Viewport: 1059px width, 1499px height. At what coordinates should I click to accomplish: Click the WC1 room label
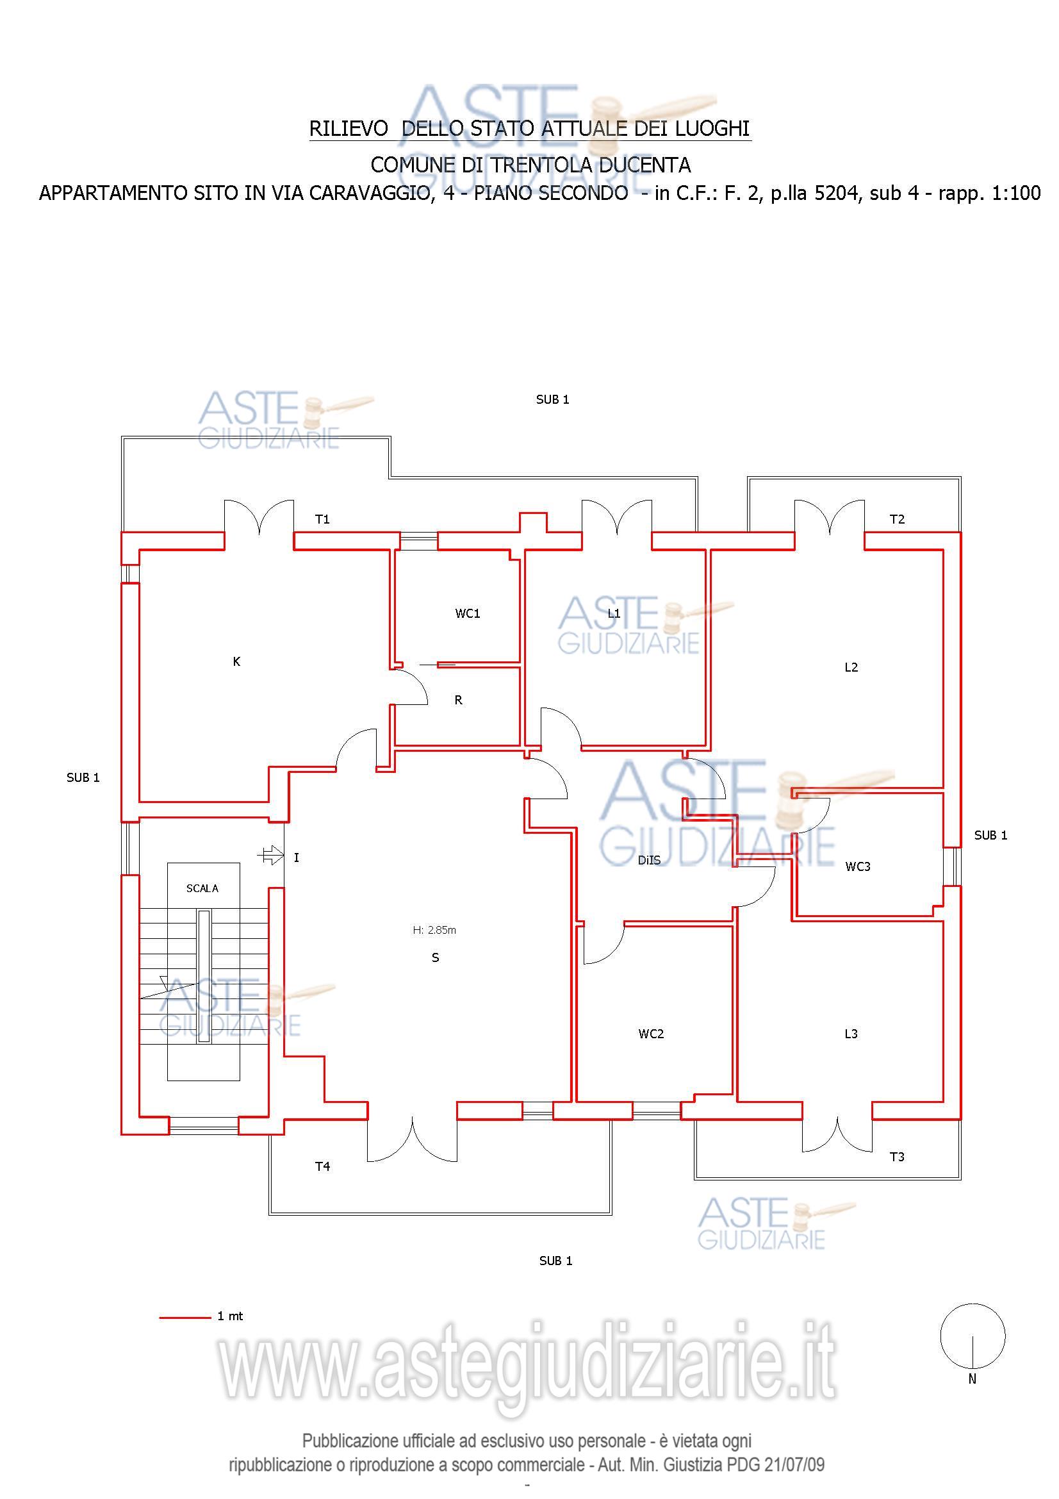click(467, 613)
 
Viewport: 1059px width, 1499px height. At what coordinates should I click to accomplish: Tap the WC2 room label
click(650, 1034)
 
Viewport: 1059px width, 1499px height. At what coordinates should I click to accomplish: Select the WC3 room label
click(857, 866)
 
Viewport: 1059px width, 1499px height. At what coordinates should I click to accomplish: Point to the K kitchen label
click(236, 661)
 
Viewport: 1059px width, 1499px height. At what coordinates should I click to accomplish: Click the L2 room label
click(851, 667)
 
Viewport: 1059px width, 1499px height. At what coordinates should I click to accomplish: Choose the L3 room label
click(851, 1034)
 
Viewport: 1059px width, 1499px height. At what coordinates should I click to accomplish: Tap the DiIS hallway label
click(649, 861)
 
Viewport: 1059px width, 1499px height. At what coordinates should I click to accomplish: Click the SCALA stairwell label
click(202, 888)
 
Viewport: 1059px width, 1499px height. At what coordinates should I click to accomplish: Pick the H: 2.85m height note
click(434, 930)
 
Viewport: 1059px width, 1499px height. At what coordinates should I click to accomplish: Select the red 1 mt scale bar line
click(185, 1318)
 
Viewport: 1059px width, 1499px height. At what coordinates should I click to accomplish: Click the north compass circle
click(973, 1336)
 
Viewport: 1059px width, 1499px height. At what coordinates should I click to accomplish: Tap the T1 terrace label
click(322, 519)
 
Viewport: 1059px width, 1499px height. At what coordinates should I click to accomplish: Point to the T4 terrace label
click(322, 1166)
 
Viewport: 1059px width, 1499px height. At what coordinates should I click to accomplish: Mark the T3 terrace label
click(897, 1157)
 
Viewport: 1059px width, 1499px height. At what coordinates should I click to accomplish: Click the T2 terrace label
click(897, 519)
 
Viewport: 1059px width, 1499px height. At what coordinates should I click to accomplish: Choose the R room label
click(458, 700)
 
